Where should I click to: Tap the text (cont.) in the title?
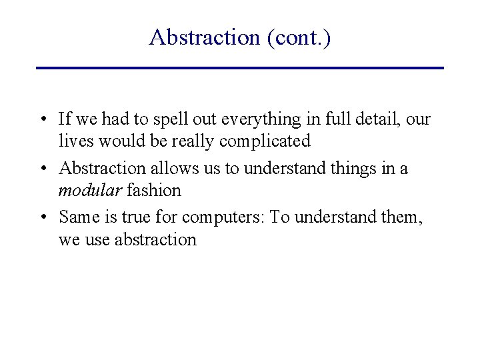pyautogui.click(x=298, y=37)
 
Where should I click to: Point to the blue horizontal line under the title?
pyautogui.click(x=240, y=68)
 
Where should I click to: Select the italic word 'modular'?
pyautogui.click(x=90, y=190)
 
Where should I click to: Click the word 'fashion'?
pyautogui.click(x=154, y=190)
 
